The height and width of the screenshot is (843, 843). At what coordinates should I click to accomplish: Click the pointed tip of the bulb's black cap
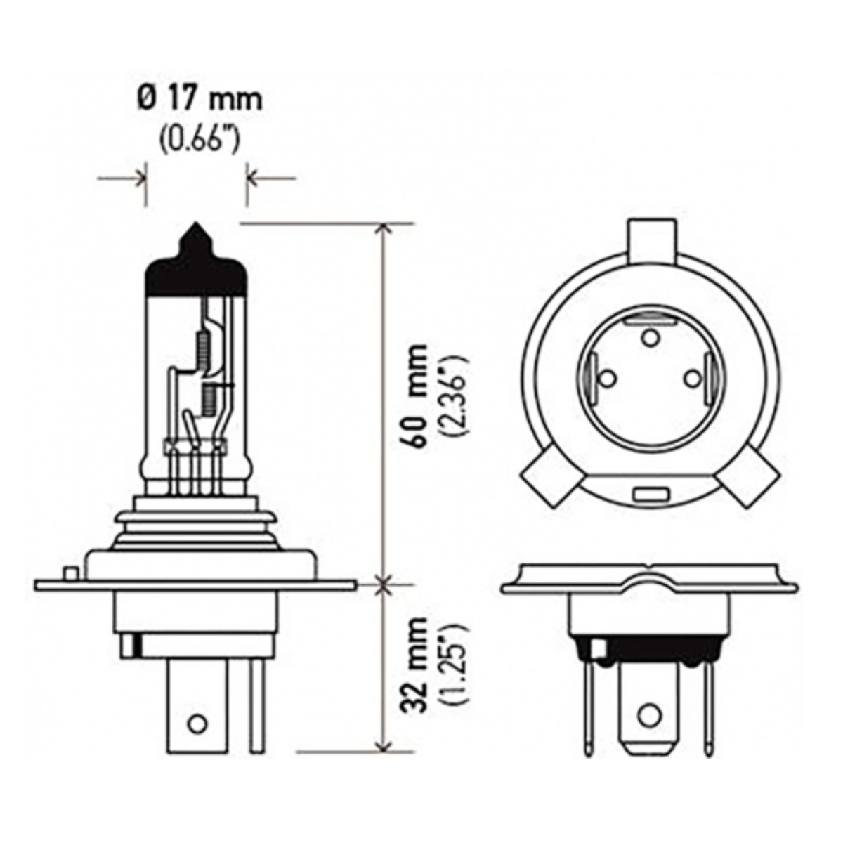point(196,227)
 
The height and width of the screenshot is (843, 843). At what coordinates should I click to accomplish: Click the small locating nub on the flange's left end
point(70,573)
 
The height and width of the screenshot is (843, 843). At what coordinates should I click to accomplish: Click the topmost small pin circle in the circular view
point(650,338)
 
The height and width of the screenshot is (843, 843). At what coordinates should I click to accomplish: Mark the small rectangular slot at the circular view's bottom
point(650,494)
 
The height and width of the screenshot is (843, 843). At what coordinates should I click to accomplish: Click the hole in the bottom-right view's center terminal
point(650,716)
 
